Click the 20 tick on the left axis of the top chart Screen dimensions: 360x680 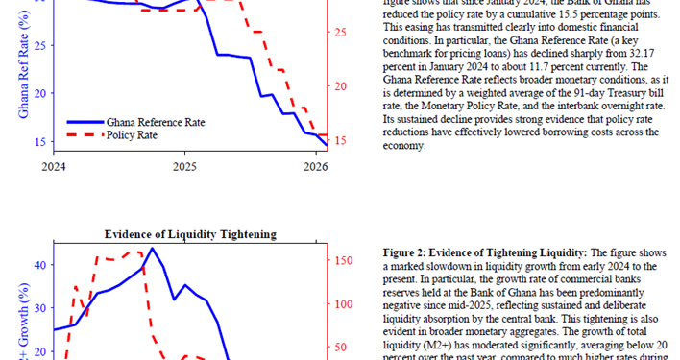point(38,94)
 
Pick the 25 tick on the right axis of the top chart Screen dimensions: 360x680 point(341,33)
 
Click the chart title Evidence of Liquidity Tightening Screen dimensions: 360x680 point(190,234)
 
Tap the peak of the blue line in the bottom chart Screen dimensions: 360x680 point(152,248)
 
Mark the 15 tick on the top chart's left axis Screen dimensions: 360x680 point(38,142)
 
